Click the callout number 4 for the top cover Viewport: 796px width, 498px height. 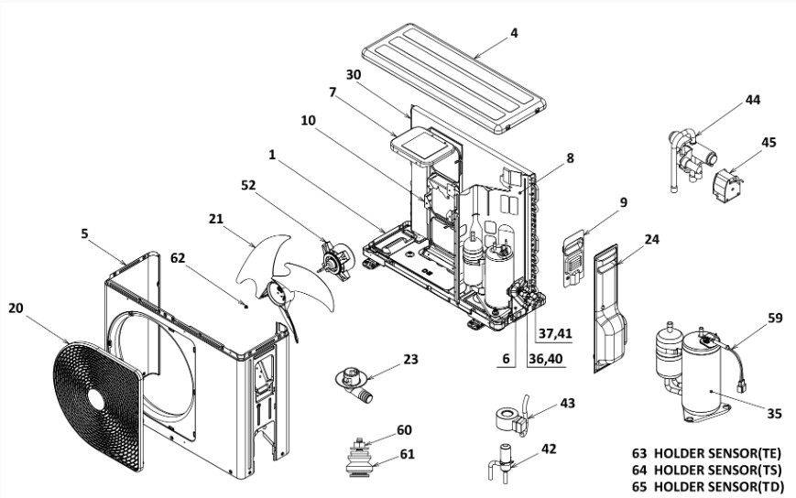514,34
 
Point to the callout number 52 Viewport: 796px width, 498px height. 248,186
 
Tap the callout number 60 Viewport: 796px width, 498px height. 405,430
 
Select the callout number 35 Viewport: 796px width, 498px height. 774,413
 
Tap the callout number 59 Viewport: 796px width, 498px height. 775,319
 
